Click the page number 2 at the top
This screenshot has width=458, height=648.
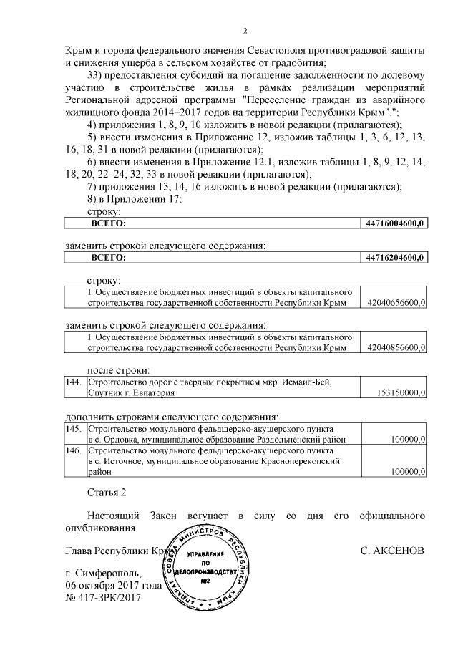pos(245,30)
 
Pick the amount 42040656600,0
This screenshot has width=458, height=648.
pos(396,304)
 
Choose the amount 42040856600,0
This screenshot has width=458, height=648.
pos(396,347)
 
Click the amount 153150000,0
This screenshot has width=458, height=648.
pos(401,392)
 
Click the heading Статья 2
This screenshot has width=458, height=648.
pos(106,494)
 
